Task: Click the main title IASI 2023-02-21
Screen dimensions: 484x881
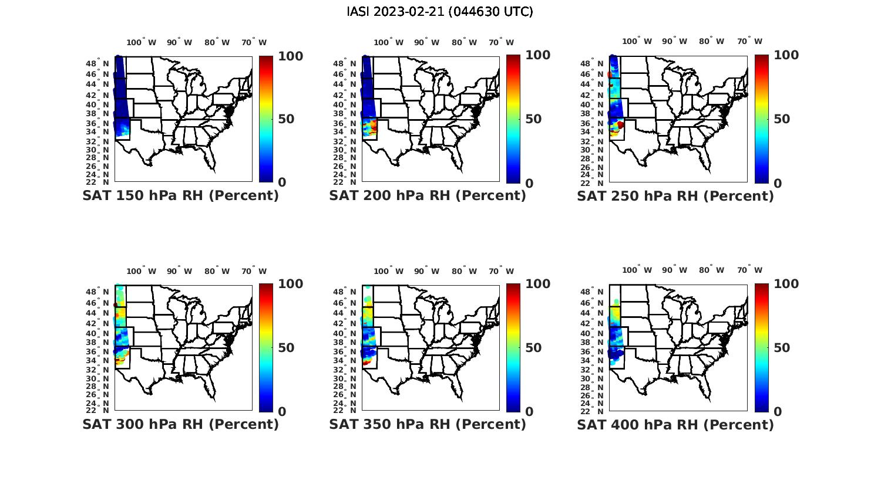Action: pos(440,12)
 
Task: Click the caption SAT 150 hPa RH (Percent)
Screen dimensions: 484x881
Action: pos(180,196)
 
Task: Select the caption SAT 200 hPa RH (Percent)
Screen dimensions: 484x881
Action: pos(428,196)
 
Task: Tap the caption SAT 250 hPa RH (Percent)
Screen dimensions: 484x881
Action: pos(675,196)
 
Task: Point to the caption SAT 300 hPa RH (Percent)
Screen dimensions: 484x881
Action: pos(180,424)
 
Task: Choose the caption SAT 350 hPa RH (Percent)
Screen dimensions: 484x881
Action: pos(428,424)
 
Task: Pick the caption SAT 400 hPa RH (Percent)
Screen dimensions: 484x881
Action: pos(675,424)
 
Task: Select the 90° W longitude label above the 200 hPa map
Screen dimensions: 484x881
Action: pos(426,42)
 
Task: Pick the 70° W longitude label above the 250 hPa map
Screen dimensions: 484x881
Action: pos(749,41)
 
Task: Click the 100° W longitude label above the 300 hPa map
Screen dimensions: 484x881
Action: pos(142,271)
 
